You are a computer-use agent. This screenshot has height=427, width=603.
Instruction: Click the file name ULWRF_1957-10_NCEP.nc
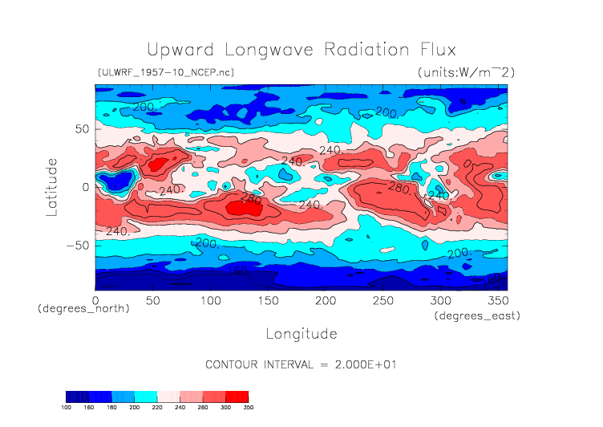click(x=165, y=72)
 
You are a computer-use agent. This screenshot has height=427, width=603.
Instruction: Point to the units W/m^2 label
click(x=466, y=72)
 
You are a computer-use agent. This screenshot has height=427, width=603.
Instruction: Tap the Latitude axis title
click(x=52, y=186)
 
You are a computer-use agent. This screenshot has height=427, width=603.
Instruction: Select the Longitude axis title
click(x=301, y=333)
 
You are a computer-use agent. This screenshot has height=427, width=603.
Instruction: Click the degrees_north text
click(x=83, y=307)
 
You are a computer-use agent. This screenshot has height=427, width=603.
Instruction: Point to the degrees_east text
click(x=478, y=316)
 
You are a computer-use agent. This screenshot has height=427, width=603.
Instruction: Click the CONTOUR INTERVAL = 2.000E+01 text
click(x=301, y=364)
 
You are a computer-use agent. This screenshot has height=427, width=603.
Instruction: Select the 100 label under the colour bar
click(x=67, y=408)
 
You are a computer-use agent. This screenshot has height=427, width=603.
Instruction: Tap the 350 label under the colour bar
click(x=248, y=408)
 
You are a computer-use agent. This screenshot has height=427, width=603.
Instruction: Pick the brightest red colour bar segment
click(x=237, y=396)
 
